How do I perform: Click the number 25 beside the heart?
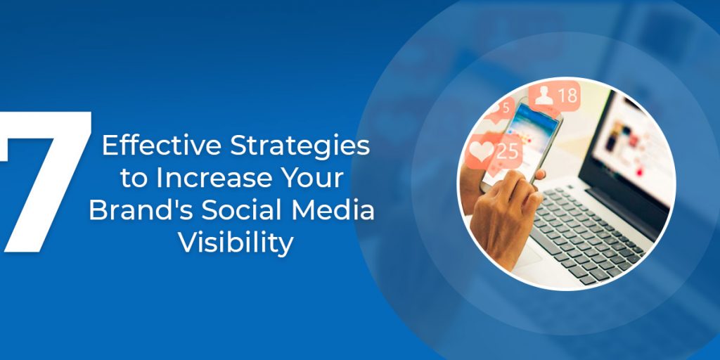coord(508,150)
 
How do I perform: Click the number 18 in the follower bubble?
coord(567,96)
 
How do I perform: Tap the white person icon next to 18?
coord(544,96)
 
